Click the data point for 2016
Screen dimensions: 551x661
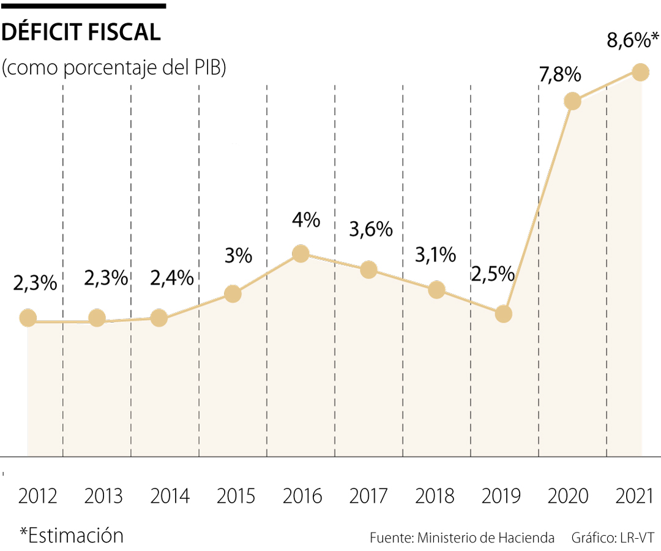(301, 253)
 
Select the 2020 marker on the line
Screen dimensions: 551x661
(572, 101)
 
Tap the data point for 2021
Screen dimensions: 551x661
(640, 72)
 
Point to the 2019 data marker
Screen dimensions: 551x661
(504, 314)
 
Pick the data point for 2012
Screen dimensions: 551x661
(28, 318)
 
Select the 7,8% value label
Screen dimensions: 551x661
(559, 75)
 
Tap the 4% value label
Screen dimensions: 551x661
(305, 220)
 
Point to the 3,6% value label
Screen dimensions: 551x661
(370, 229)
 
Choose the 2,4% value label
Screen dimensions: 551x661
(172, 278)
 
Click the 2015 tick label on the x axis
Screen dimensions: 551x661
(236, 496)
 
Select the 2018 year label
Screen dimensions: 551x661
(435, 496)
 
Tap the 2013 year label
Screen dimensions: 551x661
(103, 496)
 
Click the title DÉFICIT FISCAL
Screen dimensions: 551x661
(81, 32)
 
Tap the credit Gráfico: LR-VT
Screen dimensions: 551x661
(613, 538)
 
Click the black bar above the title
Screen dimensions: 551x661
(83, 6)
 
